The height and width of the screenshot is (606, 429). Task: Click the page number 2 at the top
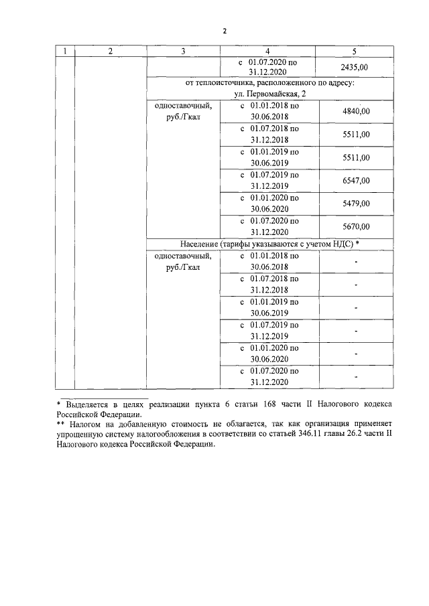pos(225,31)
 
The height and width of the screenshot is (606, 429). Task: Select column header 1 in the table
pos(64,52)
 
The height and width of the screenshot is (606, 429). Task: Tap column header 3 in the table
pos(183,52)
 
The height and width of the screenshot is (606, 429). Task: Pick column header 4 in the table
pos(267,52)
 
